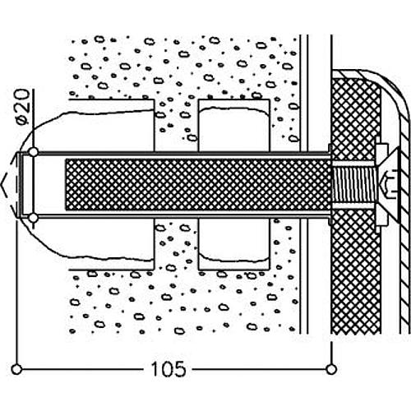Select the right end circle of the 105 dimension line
pos(331,366)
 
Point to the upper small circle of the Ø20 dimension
pos(33,153)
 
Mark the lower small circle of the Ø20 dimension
pos(33,217)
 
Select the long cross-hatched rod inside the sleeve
pos(197,185)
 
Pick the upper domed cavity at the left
pos(99,127)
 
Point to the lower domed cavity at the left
pos(99,242)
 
